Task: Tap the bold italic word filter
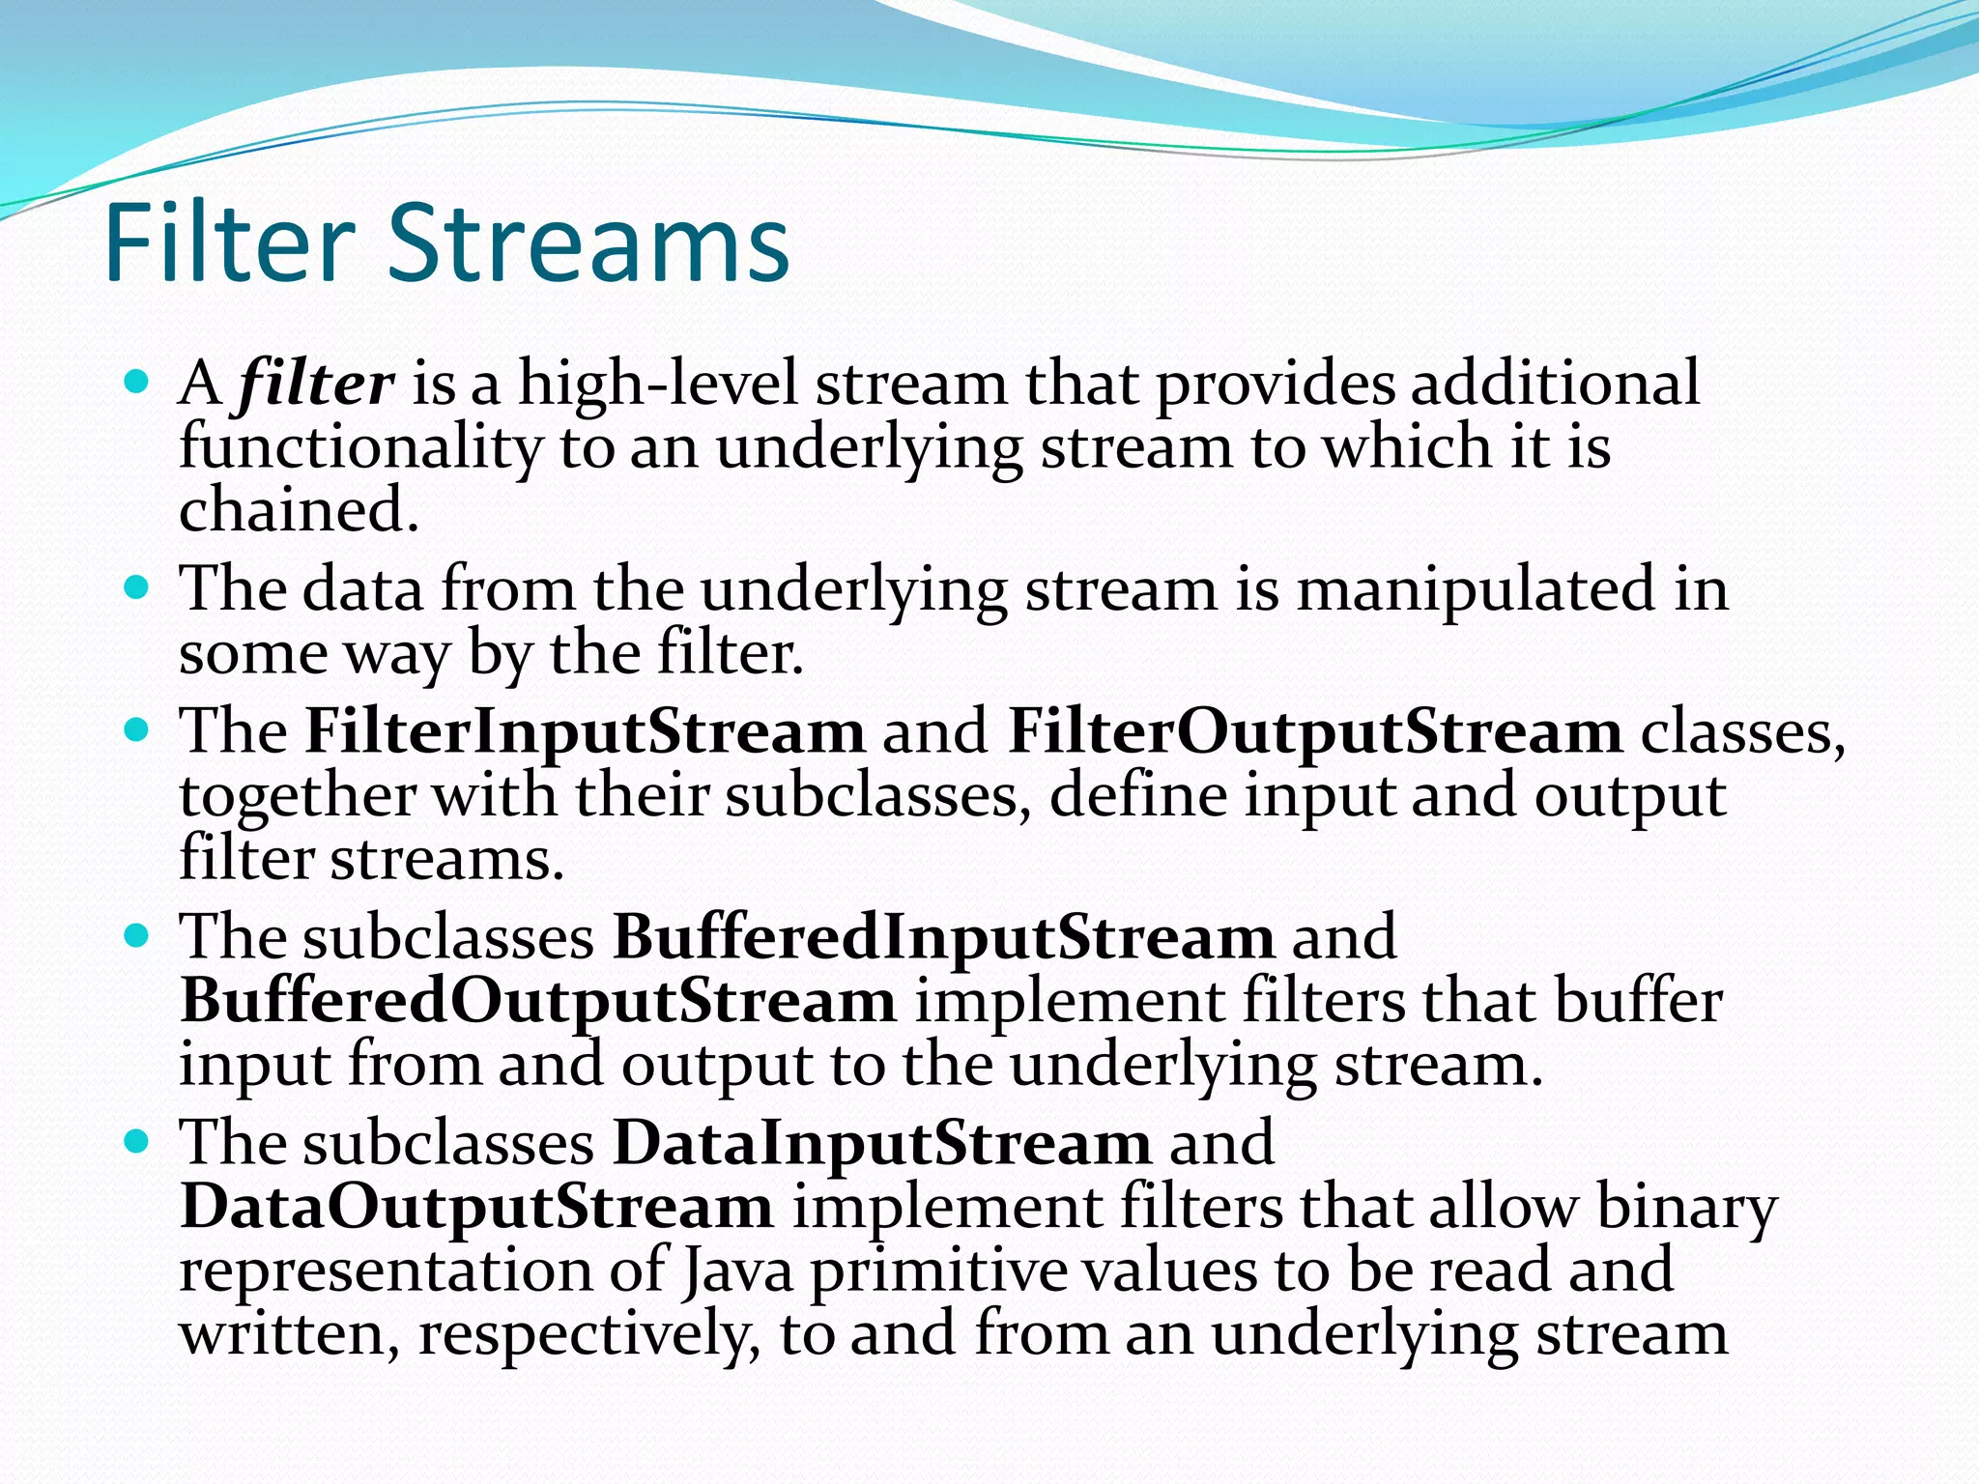point(316,384)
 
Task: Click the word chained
point(299,509)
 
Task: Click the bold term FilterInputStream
point(585,731)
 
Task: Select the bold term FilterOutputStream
point(1314,731)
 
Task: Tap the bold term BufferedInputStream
point(943,937)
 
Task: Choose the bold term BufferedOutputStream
point(538,1001)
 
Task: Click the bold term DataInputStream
point(881,1144)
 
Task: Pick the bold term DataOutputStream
point(476,1208)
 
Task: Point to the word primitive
point(938,1271)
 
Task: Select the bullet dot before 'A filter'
point(137,382)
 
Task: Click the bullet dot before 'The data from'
point(137,587)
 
